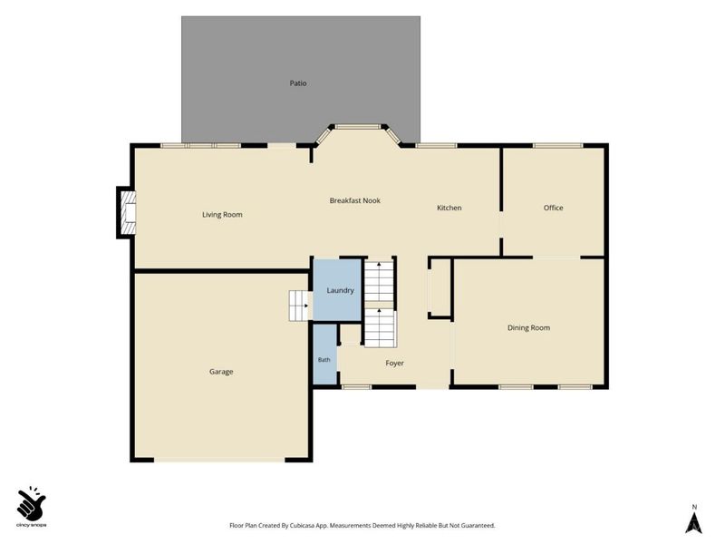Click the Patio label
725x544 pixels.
click(298, 83)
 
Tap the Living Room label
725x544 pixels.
click(222, 215)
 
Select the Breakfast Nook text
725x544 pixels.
click(354, 200)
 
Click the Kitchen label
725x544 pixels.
click(449, 208)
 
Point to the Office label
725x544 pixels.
click(553, 208)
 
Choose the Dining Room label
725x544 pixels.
click(528, 327)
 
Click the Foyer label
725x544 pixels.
click(394, 364)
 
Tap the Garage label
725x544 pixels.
click(221, 372)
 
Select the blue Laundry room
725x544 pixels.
click(337, 289)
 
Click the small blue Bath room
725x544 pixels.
click(324, 355)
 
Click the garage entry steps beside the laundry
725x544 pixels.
click(299, 306)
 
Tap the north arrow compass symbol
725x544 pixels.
click(693, 521)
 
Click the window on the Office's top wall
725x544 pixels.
click(557, 146)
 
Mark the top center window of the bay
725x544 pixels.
click(358, 126)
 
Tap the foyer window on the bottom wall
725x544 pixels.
click(356, 387)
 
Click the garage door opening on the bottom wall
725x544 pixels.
click(219, 460)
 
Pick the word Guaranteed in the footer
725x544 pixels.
click(478, 526)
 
